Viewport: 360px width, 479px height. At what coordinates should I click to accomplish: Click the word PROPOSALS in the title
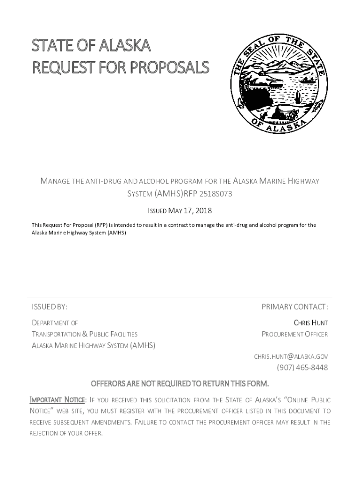pyautogui.click(x=169, y=68)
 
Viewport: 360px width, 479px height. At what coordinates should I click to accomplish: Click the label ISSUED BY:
pyautogui.click(x=50, y=307)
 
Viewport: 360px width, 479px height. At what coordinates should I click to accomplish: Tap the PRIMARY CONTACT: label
pyautogui.click(x=295, y=307)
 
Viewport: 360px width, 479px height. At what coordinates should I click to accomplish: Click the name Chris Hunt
pyautogui.click(x=310, y=323)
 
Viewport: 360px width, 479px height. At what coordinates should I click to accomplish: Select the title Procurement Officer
pyautogui.click(x=295, y=334)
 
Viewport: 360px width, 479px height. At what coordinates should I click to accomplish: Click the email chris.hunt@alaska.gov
pyautogui.click(x=291, y=356)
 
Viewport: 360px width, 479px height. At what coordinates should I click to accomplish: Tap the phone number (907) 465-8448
pyautogui.click(x=302, y=368)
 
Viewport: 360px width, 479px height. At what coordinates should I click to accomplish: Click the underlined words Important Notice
pyautogui.click(x=57, y=400)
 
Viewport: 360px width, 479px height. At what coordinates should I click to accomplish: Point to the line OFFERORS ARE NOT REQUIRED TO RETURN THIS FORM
pyautogui.click(x=180, y=384)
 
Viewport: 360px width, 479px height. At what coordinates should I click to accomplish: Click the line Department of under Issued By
pyautogui.click(x=55, y=323)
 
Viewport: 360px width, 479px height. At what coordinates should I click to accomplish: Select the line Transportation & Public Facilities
pyautogui.click(x=85, y=334)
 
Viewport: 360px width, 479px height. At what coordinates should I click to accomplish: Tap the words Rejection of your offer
pyautogui.click(x=66, y=433)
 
